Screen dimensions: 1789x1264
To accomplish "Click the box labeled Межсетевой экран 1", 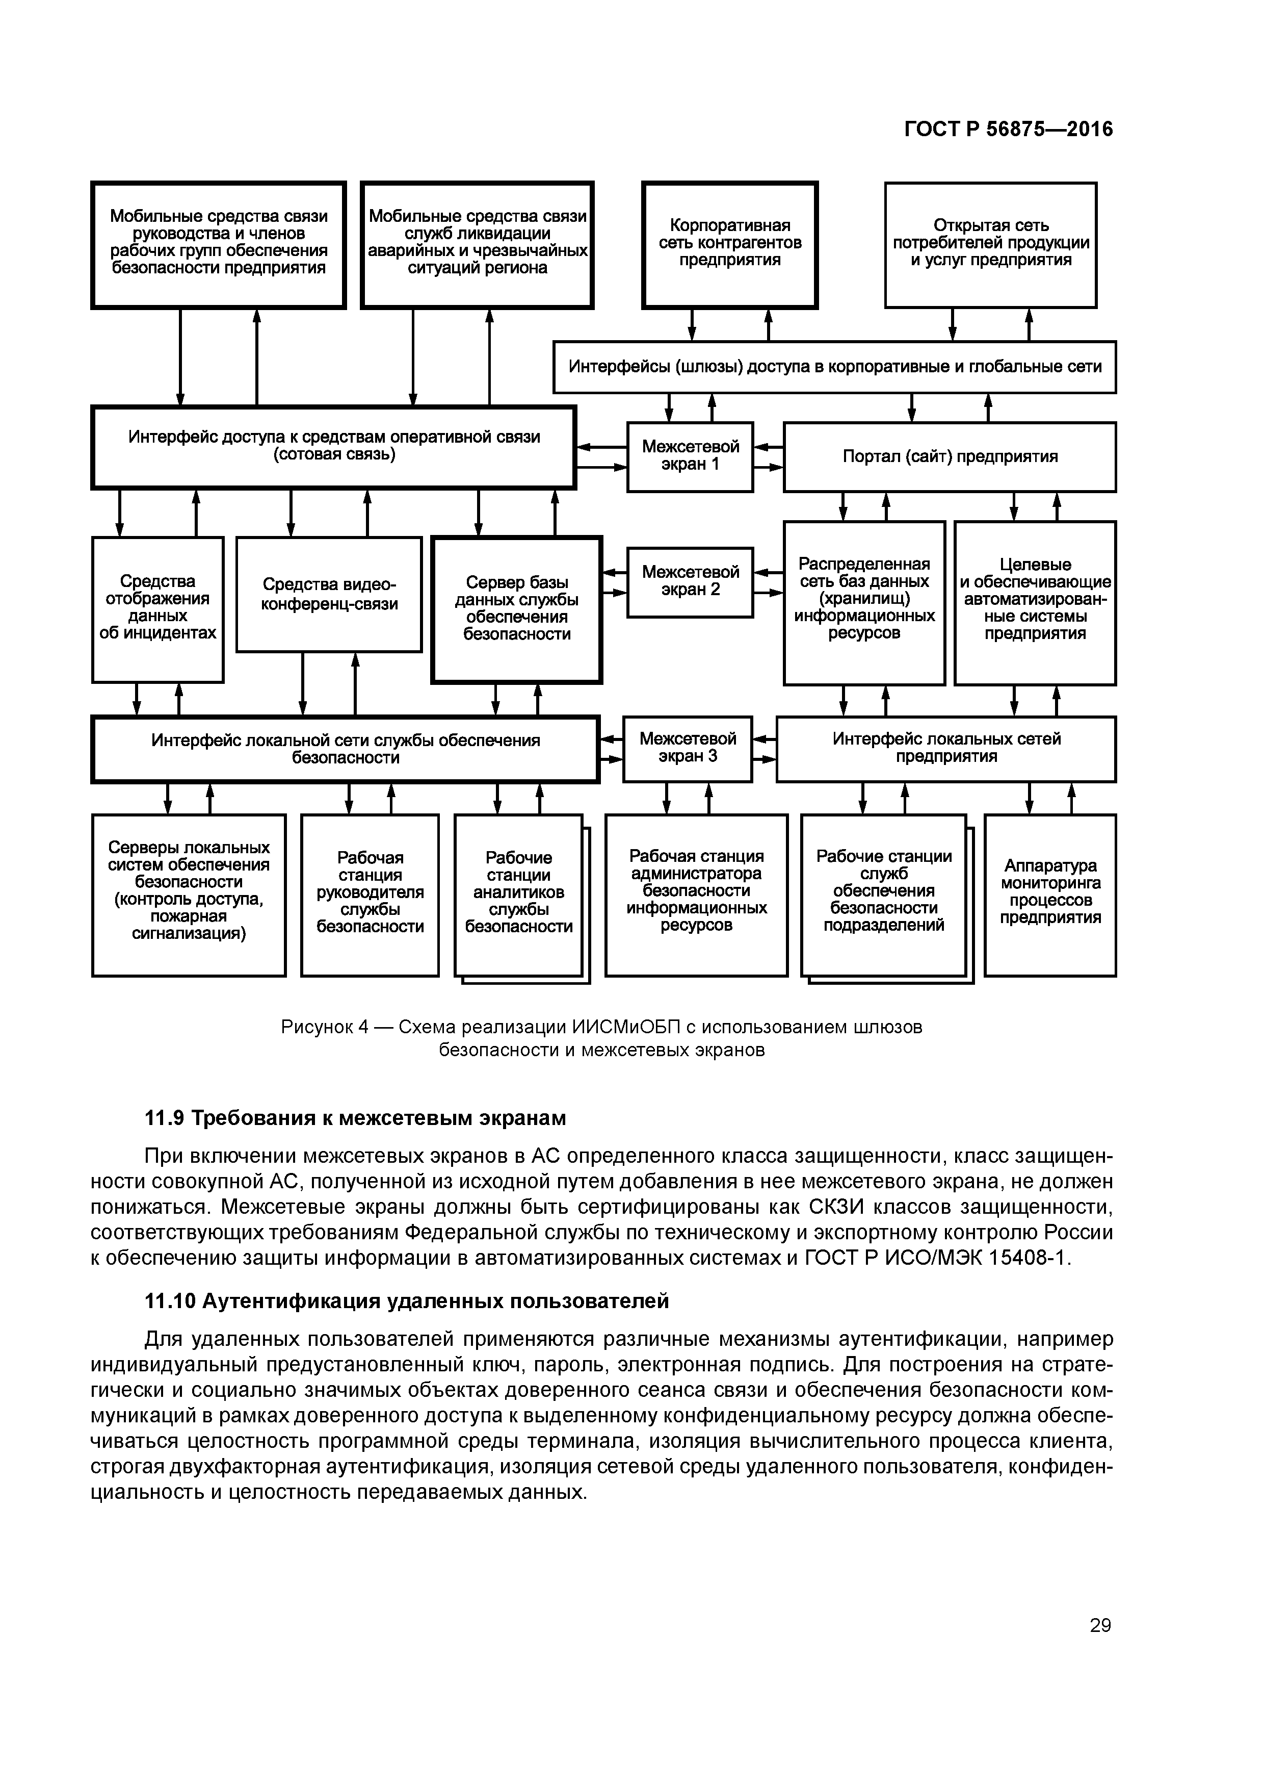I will click(x=690, y=456).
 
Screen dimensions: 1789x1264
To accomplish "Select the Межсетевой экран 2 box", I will click(x=690, y=582).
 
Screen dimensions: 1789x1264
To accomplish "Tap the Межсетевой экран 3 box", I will click(x=688, y=749).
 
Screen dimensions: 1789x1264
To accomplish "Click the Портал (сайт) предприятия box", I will click(x=950, y=456).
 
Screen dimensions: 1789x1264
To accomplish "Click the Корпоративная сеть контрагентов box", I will click(x=730, y=245).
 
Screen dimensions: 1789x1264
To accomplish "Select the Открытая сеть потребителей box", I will click(x=991, y=245).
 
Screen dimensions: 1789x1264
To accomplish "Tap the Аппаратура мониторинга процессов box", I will click(x=1050, y=895).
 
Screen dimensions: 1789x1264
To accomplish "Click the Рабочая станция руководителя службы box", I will click(x=370, y=895).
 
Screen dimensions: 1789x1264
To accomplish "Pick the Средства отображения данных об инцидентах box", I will click(x=157, y=609).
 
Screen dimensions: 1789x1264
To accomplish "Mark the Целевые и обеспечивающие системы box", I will click(x=1035, y=602).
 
